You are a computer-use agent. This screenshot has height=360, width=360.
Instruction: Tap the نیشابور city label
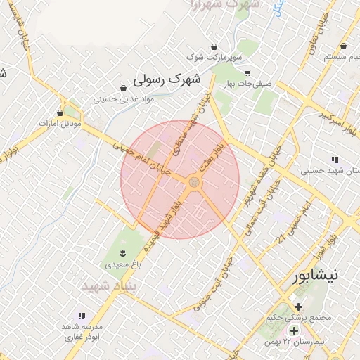314,274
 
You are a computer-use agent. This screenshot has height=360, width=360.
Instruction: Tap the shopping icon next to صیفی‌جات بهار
247,72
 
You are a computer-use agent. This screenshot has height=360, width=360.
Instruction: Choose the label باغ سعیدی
123,265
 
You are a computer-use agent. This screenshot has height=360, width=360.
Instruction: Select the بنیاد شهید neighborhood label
108,287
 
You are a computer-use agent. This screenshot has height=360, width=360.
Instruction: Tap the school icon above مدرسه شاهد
82,316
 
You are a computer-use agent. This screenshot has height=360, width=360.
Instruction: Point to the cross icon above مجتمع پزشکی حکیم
299,307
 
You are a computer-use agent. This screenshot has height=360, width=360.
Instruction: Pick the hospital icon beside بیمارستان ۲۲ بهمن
294,330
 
